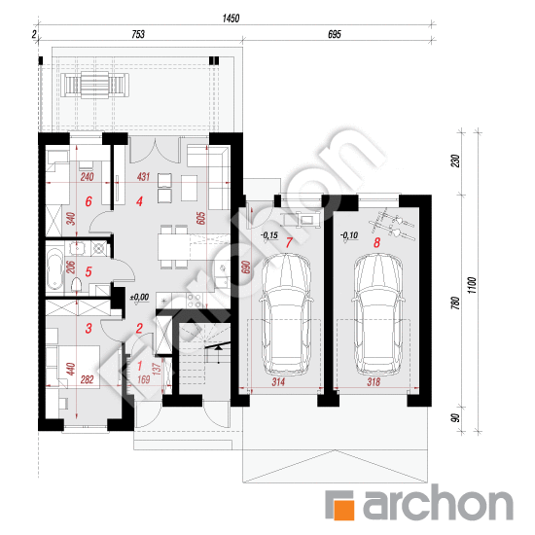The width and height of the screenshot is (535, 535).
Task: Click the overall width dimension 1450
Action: coord(231,18)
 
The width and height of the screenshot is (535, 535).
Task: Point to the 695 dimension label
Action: coord(334,35)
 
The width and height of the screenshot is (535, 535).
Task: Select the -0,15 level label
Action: coord(268,235)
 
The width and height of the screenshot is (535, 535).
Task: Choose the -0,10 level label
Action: coord(348,235)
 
